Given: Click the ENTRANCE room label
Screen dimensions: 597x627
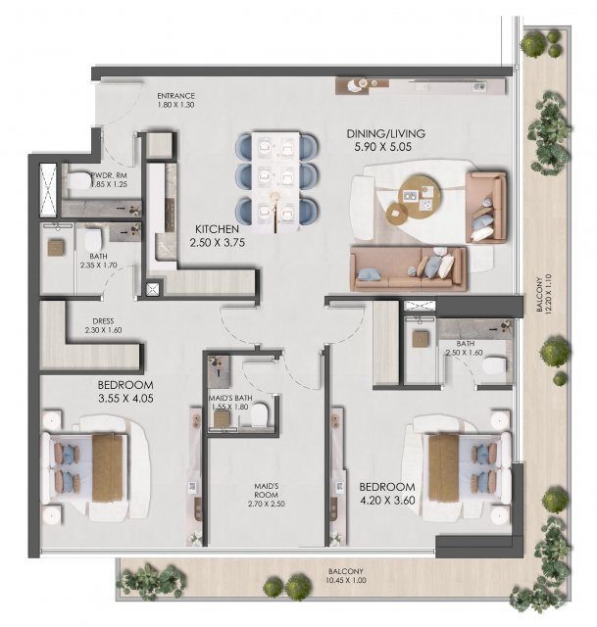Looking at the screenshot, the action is pyautogui.click(x=175, y=96).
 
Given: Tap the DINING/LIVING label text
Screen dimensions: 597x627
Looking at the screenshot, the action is pyautogui.click(x=385, y=133).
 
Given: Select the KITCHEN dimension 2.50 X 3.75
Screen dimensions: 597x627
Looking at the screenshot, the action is pyautogui.click(x=218, y=242).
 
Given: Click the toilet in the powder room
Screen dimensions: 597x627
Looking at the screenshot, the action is pyautogui.click(x=79, y=180).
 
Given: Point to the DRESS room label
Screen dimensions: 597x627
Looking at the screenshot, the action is pyautogui.click(x=103, y=321).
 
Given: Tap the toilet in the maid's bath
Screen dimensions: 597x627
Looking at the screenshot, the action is pyautogui.click(x=259, y=414).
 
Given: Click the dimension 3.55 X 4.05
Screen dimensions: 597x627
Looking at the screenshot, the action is pyautogui.click(x=125, y=399).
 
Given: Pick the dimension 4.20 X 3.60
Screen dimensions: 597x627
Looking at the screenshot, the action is pyautogui.click(x=387, y=500).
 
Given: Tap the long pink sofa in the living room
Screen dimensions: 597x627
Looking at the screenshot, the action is pyautogui.click(x=408, y=268).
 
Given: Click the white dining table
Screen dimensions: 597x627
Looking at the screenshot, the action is pyautogui.click(x=275, y=182).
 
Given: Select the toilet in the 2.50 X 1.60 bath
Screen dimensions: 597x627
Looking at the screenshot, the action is pyautogui.click(x=495, y=365).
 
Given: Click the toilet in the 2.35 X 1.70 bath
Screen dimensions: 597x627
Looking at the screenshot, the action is pyautogui.click(x=94, y=240).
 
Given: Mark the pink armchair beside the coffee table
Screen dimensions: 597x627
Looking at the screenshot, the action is pyautogui.click(x=486, y=207).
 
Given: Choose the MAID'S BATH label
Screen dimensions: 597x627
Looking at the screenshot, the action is pyautogui.click(x=230, y=399).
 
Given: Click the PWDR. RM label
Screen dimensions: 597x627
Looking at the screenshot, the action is pyautogui.click(x=109, y=175).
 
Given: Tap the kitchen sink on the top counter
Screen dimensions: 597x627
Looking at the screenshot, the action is pyautogui.click(x=479, y=86).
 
